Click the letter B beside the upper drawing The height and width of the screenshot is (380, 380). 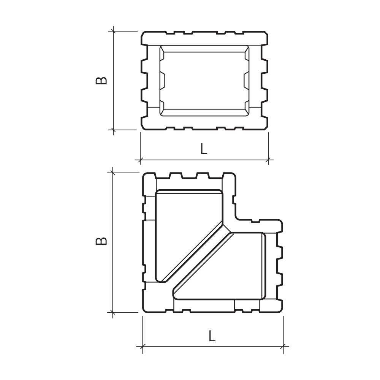pos(101,81)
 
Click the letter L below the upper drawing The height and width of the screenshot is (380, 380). pos(204,149)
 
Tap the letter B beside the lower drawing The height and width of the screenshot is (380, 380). pos(101,241)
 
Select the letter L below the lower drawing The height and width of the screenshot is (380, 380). pos(212,336)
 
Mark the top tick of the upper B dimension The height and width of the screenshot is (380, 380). pos(113,31)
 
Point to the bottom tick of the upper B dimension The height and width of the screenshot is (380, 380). pos(113,130)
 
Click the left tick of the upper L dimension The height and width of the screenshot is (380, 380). pos(141,160)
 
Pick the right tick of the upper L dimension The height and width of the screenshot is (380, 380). pos(268,160)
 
